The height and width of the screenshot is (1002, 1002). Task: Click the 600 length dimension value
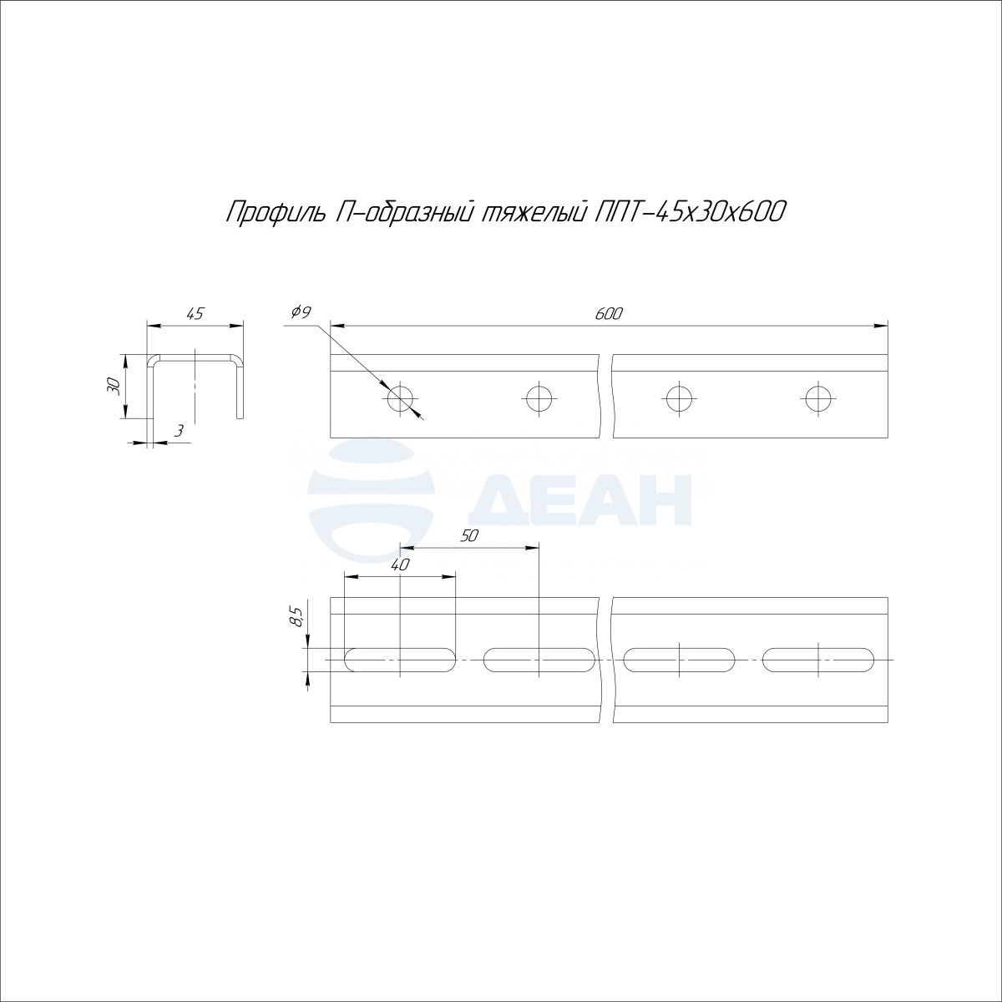point(609,314)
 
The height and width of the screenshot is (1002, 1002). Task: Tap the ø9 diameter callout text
point(301,312)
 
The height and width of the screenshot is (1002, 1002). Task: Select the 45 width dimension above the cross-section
point(195,314)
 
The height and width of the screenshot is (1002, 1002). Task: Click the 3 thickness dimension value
point(180,431)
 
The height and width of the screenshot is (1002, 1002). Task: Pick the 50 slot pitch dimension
point(468,536)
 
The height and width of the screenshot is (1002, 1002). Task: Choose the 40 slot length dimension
point(400,565)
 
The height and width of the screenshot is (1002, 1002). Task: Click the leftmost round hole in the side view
point(401,399)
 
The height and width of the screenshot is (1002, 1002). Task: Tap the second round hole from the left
point(539,399)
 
